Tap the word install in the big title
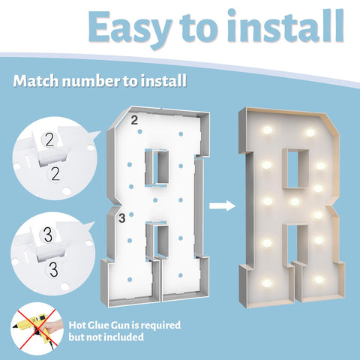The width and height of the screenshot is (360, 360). [286, 26]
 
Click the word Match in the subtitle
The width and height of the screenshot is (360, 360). [36, 81]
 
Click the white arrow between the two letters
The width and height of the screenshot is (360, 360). [222, 206]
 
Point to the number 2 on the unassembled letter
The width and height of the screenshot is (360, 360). [134, 121]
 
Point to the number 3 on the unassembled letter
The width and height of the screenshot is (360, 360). [122, 218]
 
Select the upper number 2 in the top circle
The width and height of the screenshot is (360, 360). [49, 139]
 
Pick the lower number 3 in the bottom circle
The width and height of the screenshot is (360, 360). [53, 269]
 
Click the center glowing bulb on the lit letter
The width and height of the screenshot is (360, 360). [295, 202]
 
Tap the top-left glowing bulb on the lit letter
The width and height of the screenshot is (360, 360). [267, 130]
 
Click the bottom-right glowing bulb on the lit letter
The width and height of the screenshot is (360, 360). [319, 280]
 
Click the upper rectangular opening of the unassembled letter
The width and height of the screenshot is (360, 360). [158, 167]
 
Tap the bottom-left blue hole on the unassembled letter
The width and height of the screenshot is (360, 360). [130, 280]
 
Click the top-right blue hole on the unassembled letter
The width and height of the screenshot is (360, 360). [181, 134]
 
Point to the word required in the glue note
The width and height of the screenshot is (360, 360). [160, 325]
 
